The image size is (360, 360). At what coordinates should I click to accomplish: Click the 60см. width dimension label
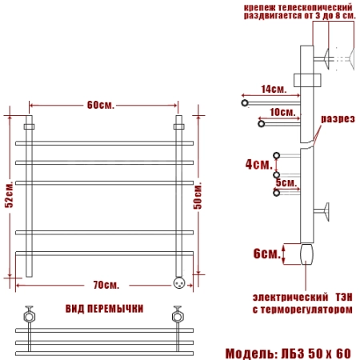coord(101,105)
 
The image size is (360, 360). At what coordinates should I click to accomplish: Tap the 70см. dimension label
coord(106,285)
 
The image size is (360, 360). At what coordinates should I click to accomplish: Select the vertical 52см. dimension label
coord(9,194)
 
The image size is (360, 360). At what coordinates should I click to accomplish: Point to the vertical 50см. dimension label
coord(198,196)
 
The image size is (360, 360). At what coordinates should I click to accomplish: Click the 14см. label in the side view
coord(274,89)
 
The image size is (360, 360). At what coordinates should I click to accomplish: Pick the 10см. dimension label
coord(282,112)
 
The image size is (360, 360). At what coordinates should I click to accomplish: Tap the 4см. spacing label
coord(259,164)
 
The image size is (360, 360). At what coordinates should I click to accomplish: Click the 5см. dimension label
coord(286,183)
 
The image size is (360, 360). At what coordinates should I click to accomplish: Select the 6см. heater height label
coord(267,254)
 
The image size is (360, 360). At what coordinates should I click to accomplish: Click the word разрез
coord(338,119)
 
